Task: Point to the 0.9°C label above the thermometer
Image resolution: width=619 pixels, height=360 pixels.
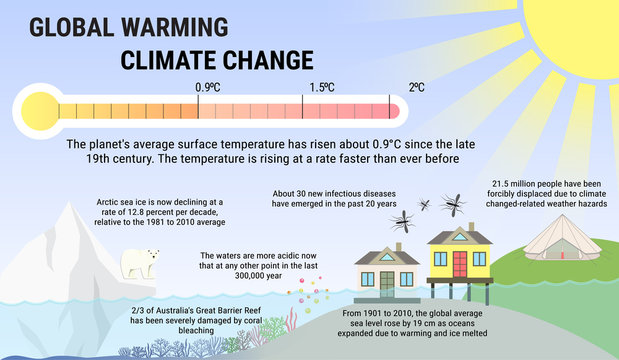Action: [207, 87]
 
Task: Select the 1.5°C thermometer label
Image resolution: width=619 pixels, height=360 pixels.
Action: [321, 87]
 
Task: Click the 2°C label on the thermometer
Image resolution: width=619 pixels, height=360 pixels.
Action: [416, 87]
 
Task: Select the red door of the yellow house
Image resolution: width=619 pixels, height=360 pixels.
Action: [460, 266]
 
